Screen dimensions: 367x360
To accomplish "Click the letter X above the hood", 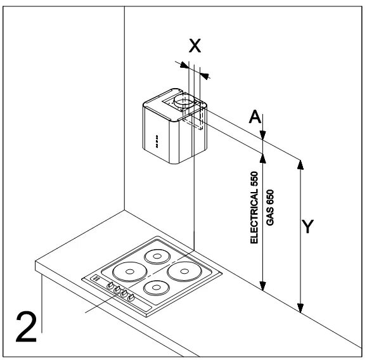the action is click(195, 46).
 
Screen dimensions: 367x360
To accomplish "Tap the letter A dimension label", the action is click(255, 117).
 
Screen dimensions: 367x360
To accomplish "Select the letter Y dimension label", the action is click(307, 226).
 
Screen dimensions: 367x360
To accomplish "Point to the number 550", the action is click(254, 179).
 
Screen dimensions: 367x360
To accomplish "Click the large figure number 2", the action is click(26, 326).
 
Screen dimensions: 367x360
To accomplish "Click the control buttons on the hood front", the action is click(157, 141).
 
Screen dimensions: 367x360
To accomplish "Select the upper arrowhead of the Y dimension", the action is click(300, 165).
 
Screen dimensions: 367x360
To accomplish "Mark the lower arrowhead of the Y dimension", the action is click(300, 308).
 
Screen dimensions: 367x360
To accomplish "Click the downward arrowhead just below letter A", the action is click(263, 136).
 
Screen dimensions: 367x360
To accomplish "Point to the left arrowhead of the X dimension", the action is click(184, 65).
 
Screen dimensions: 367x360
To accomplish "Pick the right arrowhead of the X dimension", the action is click(205, 75).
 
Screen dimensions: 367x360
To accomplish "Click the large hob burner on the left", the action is click(130, 271).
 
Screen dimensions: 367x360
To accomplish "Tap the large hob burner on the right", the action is click(184, 271).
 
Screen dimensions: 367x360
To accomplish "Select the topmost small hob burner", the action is click(157, 256).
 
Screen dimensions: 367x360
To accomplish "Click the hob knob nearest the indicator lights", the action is click(110, 285).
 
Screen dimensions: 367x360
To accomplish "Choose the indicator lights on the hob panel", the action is click(96, 278).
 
